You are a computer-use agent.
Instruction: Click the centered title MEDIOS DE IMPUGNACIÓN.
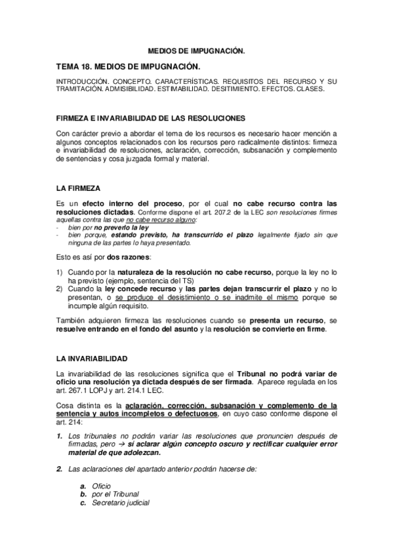pos(196,50)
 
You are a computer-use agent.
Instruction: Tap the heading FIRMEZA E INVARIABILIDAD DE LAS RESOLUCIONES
pos(151,119)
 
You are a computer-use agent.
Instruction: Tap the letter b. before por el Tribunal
pos(83,494)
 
